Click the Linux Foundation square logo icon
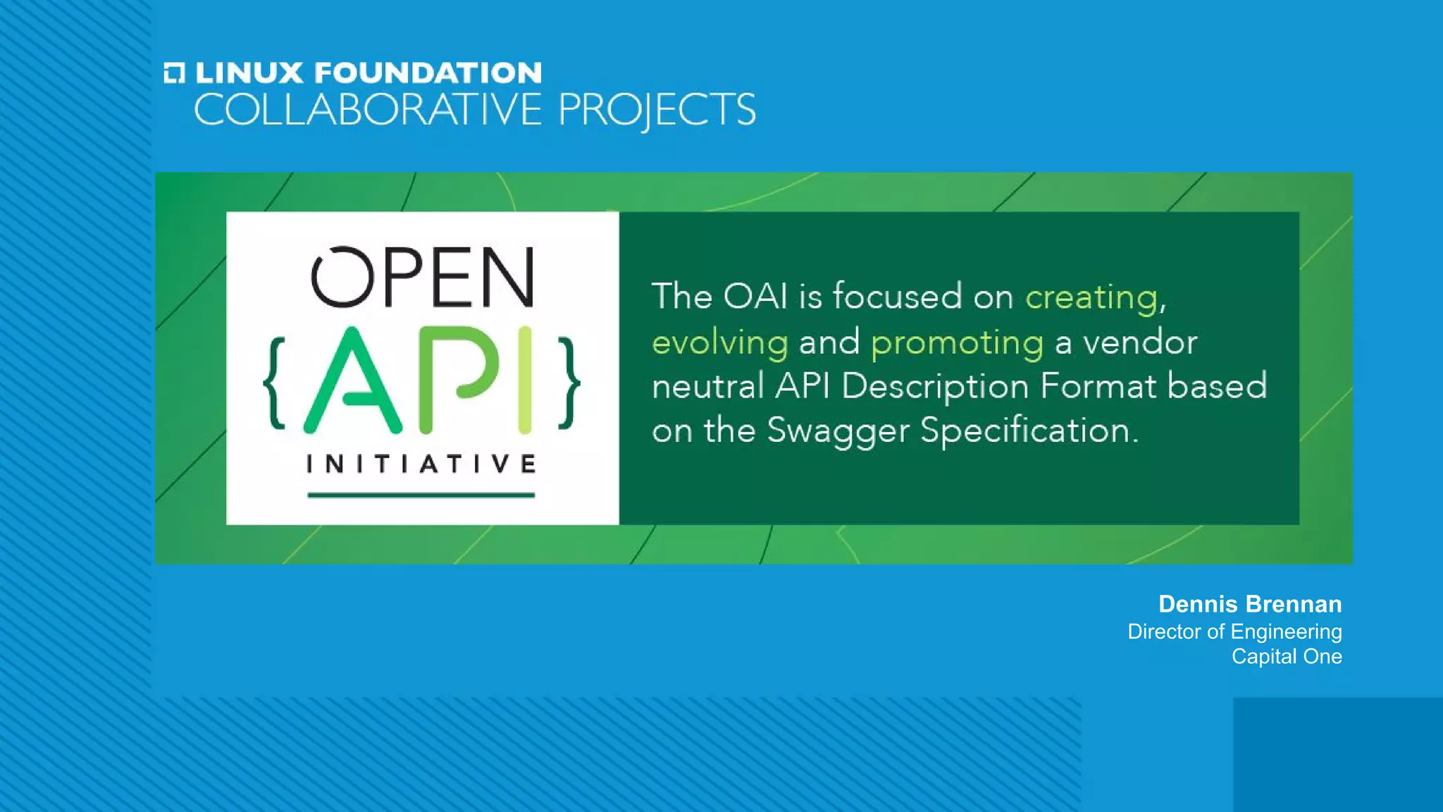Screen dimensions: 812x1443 click(x=174, y=73)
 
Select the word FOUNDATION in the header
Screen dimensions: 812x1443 click(x=428, y=73)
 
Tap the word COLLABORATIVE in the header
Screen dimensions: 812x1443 click(x=367, y=110)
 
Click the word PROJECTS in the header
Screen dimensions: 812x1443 click(x=657, y=111)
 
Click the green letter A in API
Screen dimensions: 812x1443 click(x=352, y=381)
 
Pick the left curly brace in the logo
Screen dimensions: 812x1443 click(x=275, y=383)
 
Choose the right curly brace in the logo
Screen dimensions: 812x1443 click(x=569, y=383)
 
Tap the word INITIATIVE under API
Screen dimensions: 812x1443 click(x=421, y=464)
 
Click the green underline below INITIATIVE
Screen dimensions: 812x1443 click(x=421, y=495)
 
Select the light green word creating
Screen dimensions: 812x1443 click(x=1091, y=297)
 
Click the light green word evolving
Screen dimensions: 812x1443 click(x=719, y=343)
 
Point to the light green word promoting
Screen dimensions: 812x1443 click(x=957, y=343)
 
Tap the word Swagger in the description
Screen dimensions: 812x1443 click(x=838, y=431)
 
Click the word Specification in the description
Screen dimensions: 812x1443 click(x=1029, y=431)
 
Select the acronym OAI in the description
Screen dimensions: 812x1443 click(x=755, y=296)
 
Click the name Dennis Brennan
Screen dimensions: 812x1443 click(x=1250, y=604)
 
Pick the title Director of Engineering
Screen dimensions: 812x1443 click(x=1234, y=632)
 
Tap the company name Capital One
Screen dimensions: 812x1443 click(x=1287, y=656)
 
